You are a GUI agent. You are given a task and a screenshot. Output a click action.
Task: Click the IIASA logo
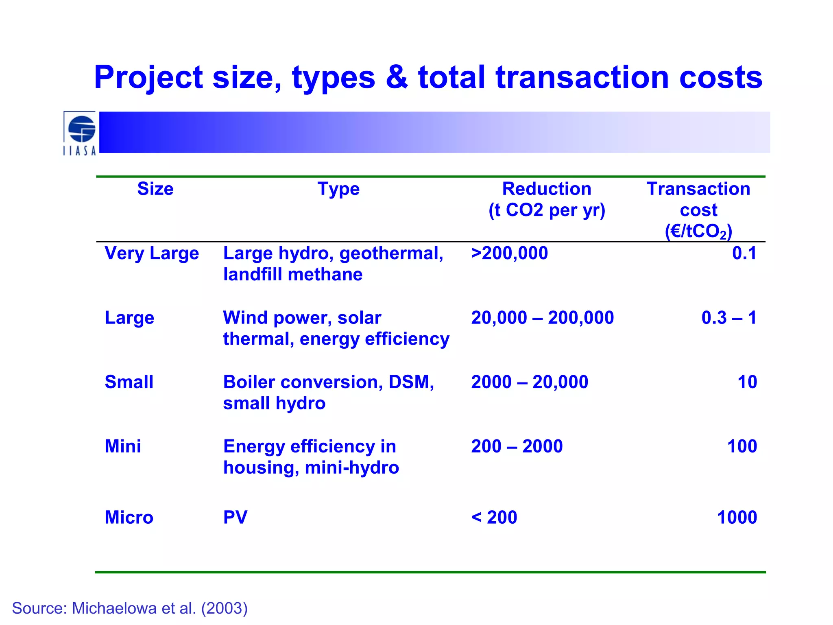point(80,133)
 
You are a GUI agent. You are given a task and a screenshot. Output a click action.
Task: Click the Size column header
point(155,189)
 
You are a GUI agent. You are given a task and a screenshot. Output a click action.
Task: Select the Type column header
point(338,189)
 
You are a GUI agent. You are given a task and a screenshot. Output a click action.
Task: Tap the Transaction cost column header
point(698,210)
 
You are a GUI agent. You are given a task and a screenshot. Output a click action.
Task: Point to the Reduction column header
point(547,199)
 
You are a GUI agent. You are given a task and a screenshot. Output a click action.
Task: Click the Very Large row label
point(152,253)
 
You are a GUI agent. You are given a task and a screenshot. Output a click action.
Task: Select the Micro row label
point(129,518)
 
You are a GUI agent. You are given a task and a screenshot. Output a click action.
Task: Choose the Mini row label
point(123,446)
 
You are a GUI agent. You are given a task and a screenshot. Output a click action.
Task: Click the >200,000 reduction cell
point(509,253)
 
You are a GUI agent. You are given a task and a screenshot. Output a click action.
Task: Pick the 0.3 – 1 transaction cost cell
point(729,318)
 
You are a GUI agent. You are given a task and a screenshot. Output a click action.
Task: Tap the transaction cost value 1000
point(737,518)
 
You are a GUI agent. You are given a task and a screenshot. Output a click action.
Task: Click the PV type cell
point(235,518)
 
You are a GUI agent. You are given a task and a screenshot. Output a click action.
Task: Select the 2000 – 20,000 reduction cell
point(530,382)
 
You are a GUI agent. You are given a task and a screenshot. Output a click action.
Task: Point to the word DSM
point(411,382)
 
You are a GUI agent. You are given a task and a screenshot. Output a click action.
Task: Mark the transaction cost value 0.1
point(744,253)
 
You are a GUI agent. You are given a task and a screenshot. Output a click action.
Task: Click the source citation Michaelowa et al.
point(130,608)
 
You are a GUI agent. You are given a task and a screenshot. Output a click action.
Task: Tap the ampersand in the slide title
point(397,77)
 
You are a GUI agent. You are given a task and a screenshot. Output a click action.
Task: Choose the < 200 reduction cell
point(494,518)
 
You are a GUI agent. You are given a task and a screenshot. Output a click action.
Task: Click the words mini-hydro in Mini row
point(352,468)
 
